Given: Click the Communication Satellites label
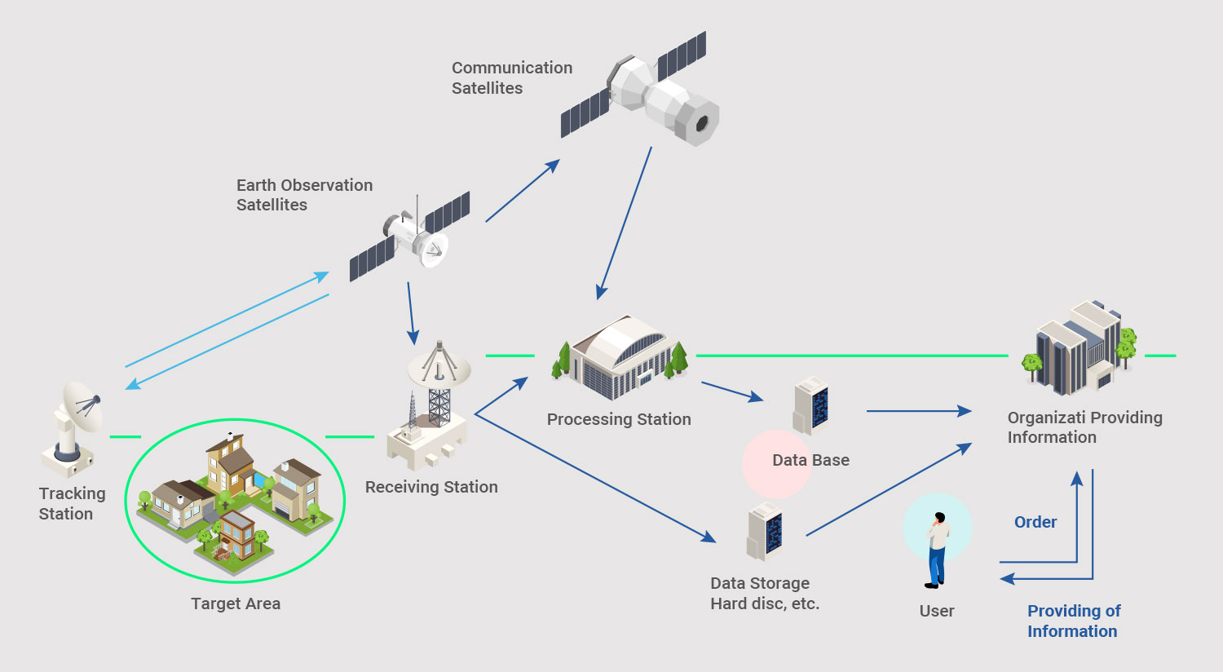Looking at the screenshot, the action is pos(511,77).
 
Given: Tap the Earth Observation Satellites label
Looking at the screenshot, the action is pos(304,195).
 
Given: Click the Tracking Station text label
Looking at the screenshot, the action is pos(72,503).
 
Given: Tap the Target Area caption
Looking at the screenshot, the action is pos(236,603).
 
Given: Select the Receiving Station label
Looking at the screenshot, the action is pos(431,487).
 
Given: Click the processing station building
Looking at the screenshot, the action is pos(620,358).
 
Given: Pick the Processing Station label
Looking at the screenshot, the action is pos(619,419).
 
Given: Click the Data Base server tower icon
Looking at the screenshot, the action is pos(810,405).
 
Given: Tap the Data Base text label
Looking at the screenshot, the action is pos(810,460).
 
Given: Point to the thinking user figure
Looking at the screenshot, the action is pos(938,550).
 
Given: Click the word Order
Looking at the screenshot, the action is pos(1035,523).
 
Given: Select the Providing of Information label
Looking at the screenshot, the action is pos(1074,621).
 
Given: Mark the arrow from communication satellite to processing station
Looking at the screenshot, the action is pos(625,223).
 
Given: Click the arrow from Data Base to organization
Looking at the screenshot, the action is pos(920,411).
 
